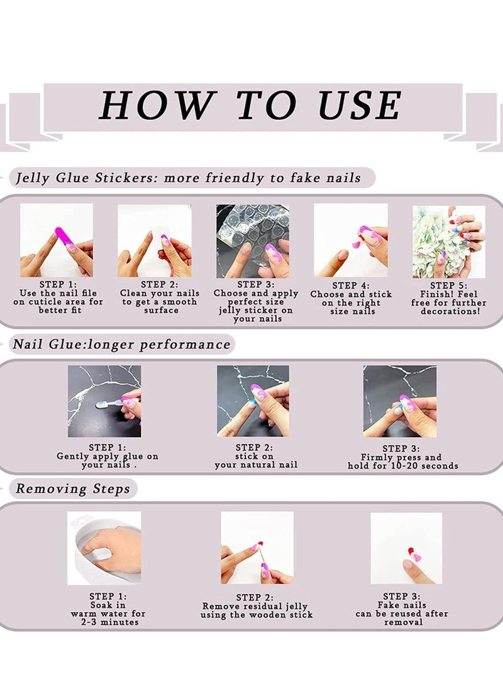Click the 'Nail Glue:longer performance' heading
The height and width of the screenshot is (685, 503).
(x=122, y=345)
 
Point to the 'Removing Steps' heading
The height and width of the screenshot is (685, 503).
(x=73, y=488)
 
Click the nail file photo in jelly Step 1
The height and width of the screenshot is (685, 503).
(x=57, y=240)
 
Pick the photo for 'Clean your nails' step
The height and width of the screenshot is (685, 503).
(x=154, y=240)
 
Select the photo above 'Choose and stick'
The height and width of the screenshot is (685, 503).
(x=350, y=240)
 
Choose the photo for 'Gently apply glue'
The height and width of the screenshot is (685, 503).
(x=104, y=401)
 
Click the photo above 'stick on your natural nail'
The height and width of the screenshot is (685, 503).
(x=253, y=401)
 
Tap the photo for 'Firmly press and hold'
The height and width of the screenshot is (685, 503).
(x=399, y=401)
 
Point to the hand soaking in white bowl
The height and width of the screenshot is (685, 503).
(x=104, y=547)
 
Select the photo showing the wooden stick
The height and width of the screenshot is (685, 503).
(x=257, y=547)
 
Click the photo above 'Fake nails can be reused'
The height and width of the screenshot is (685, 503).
(x=406, y=548)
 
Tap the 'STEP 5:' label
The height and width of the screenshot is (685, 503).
(x=448, y=285)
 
